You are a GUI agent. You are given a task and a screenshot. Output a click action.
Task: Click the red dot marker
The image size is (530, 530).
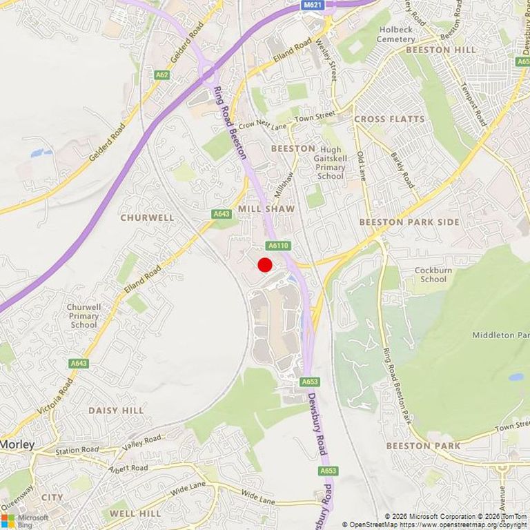pos(264,265)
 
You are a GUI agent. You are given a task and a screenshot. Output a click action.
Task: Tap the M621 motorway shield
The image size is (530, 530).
pos(312,5)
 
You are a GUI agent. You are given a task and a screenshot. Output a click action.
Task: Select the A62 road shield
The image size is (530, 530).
pos(161,74)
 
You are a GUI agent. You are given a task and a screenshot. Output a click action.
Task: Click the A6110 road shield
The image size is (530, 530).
pos(279,246)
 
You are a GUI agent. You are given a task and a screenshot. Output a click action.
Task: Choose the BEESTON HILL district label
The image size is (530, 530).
pos(441,50)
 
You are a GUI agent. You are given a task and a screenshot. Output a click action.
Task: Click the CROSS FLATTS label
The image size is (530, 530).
pos(389,119)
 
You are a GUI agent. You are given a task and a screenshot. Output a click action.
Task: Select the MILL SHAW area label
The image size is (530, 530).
pos(266,208)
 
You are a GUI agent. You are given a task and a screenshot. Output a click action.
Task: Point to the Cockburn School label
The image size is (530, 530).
pos(433,275)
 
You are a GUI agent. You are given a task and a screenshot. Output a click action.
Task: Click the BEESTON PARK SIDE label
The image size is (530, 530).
pos(409,222)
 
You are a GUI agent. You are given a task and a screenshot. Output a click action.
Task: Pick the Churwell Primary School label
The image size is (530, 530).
pos(84,316)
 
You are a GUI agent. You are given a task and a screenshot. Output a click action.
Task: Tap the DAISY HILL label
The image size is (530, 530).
pos(116,410)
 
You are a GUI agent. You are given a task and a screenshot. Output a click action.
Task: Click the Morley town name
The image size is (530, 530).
pos(17,444)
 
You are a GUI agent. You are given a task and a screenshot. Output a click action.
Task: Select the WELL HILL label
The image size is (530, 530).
pos(135,514)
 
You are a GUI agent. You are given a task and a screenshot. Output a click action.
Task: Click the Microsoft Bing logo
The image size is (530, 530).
pos(25,520)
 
